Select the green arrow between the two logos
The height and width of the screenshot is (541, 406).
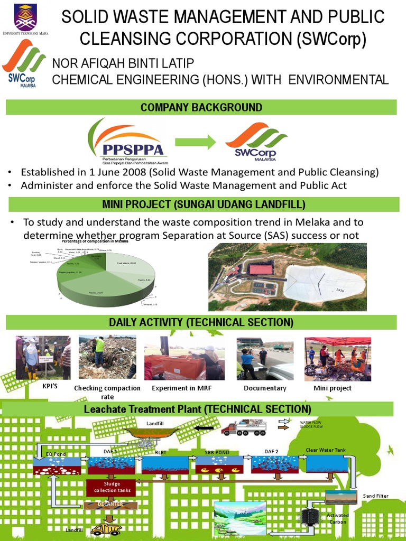[x=195, y=142]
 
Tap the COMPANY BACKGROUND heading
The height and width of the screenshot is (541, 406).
[x=201, y=107]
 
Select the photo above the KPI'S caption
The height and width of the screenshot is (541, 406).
[x=43, y=358]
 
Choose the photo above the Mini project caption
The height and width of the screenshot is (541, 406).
[x=338, y=359]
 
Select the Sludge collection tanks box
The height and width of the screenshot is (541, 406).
[x=108, y=487]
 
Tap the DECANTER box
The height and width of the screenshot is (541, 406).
[x=110, y=505]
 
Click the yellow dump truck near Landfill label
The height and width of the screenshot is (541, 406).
[x=106, y=528]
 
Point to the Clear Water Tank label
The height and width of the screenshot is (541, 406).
[x=325, y=450]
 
